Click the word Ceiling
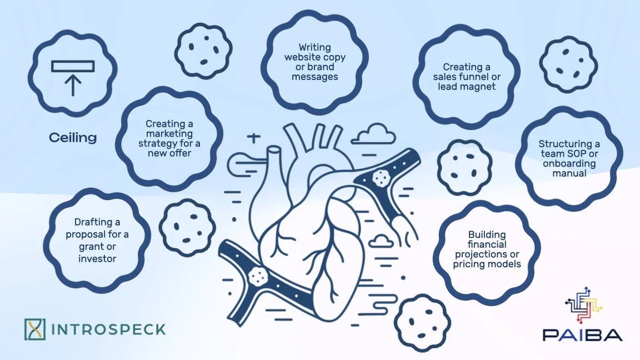pos(73,138)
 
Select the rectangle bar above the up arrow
pos(73,67)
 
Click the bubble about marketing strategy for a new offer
pos(169,138)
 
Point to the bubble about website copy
pos(315,62)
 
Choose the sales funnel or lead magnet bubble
pos(467,77)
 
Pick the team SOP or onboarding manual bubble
pos(561,159)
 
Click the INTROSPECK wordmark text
pos(108,329)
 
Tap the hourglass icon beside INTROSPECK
pos(34,329)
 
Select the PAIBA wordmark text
pos(583,334)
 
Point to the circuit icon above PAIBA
pos(584,306)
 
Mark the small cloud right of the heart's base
pos(381,241)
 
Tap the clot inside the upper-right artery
pos(381,177)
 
